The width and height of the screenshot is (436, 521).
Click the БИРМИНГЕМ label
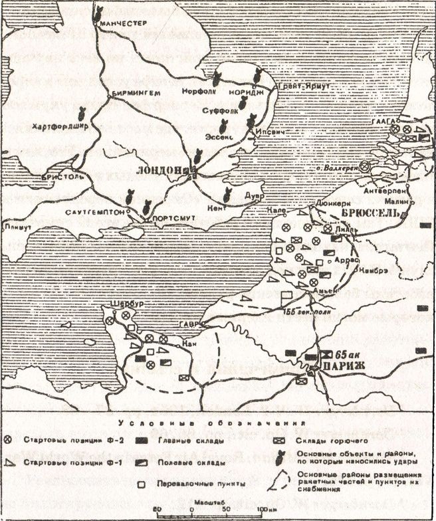(136, 93)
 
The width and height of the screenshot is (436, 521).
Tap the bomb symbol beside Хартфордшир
(81, 114)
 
